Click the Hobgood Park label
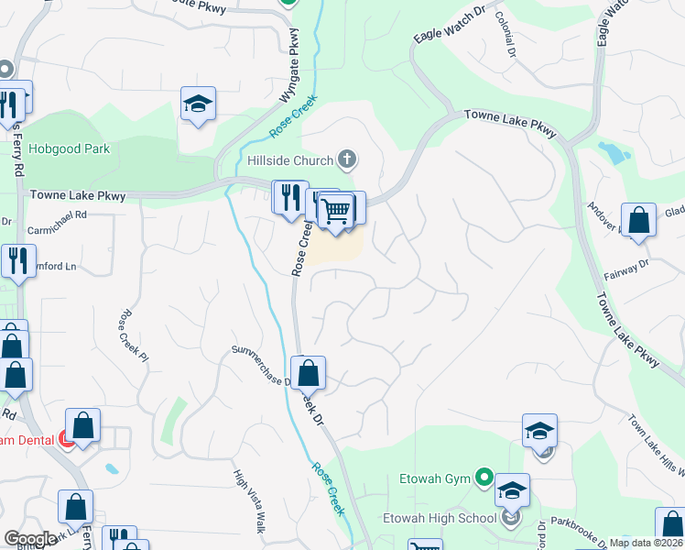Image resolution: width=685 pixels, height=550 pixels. pos(69,148)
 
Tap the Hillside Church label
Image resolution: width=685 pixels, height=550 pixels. pos(290,161)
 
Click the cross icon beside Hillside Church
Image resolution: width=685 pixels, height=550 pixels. pos(346,160)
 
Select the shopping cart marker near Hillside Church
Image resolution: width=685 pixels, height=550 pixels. pos(336,211)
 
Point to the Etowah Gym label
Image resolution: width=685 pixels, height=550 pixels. pos(435,478)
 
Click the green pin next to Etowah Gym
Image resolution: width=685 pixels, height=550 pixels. pos(484,478)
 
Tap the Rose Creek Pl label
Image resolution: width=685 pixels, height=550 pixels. pos(133,334)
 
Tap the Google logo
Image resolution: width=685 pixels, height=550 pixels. pos(31,539)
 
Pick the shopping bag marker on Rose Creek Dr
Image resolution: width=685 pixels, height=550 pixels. pos(309,373)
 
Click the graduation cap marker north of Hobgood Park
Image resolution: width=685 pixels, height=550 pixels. pos(198,104)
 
